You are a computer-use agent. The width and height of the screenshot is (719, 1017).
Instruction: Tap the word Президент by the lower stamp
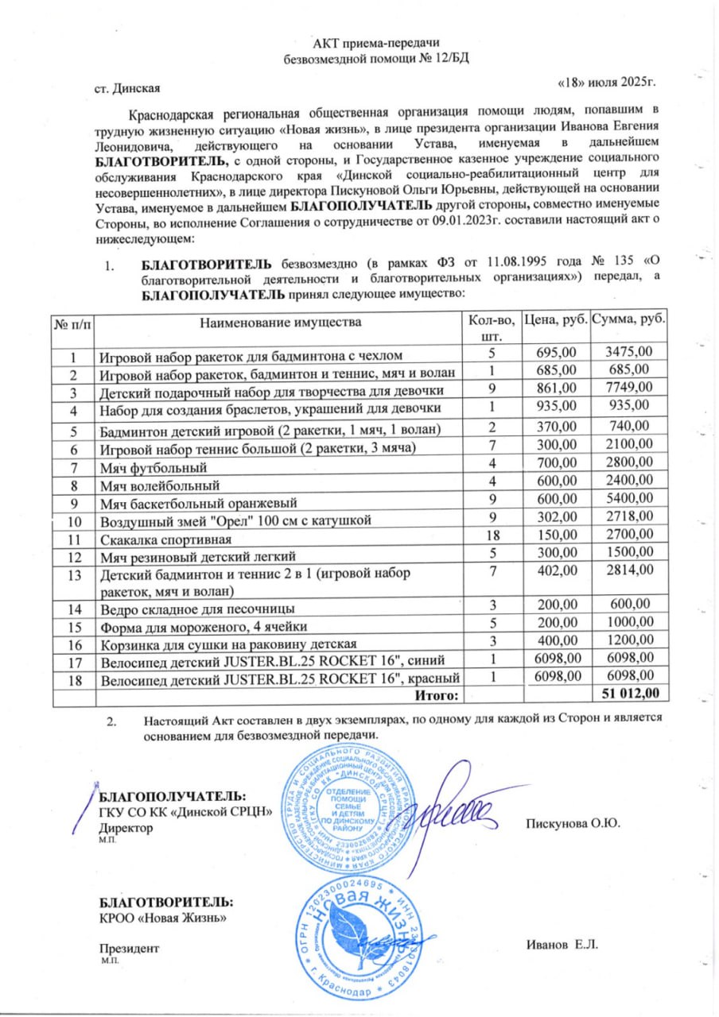[129, 949]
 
